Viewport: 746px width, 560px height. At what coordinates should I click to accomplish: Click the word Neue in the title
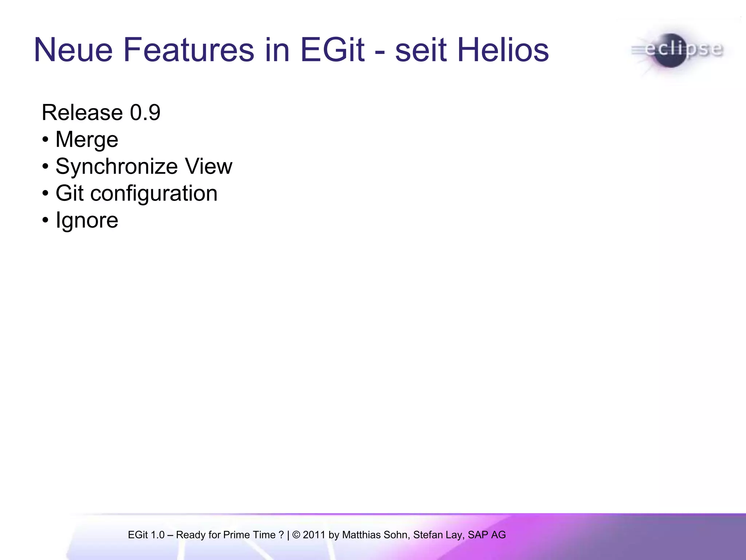coord(73,50)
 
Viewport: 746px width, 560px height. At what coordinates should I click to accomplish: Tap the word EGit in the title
coord(332,50)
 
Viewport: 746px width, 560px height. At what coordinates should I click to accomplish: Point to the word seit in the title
coord(421,50)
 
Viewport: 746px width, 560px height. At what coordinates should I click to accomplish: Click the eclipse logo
coord(677,50)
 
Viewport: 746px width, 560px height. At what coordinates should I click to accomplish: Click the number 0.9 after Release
coord(145,112)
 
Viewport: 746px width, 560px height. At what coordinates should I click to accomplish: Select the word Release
coord(82,112)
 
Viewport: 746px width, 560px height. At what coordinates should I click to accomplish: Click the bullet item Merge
coord(87,140)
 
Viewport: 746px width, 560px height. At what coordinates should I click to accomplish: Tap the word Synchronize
coord(117,167)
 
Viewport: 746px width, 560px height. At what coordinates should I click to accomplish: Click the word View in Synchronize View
coord(208,167)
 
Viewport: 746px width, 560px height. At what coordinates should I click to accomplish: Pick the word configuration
coord(154,193)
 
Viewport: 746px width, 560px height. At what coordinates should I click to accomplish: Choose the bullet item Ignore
coord(87,221)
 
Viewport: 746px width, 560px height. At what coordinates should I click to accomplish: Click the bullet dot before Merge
coord(45,140)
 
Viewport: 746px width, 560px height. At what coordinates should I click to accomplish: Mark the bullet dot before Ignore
coord(45,221)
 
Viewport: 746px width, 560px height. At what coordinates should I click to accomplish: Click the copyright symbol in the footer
coord(296,535)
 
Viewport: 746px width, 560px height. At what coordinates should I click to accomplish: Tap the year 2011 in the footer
coord(314,535)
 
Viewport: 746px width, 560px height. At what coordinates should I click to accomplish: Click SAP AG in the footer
coord(487,535)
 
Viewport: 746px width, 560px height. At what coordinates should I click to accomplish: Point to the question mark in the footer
coord(281,535)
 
